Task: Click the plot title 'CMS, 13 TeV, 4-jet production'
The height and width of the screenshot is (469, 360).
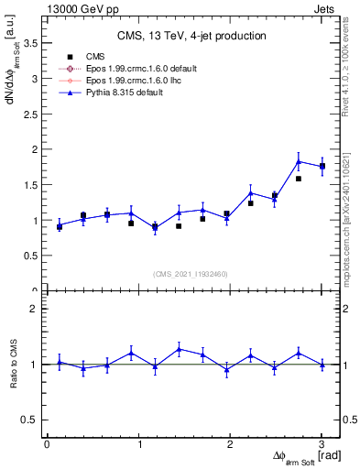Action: tap(191, 36)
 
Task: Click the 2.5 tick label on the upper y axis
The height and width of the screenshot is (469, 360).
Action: tap(32, 115)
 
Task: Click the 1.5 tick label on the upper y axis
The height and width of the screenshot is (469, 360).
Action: tap(32, 185)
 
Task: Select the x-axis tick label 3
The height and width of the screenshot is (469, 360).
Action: tap(322, 444)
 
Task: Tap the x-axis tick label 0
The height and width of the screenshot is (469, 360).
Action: tap(47, 444)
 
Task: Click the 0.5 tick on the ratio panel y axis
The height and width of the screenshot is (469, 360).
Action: tap(32, 420)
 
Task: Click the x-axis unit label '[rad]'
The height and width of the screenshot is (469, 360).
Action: tap(329, 455)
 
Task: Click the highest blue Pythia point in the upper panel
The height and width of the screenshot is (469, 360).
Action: tap(299, 162)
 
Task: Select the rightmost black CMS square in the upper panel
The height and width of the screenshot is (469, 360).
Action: tap(322, 166)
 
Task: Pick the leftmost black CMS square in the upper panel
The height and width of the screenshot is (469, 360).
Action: tap(60, 226)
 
